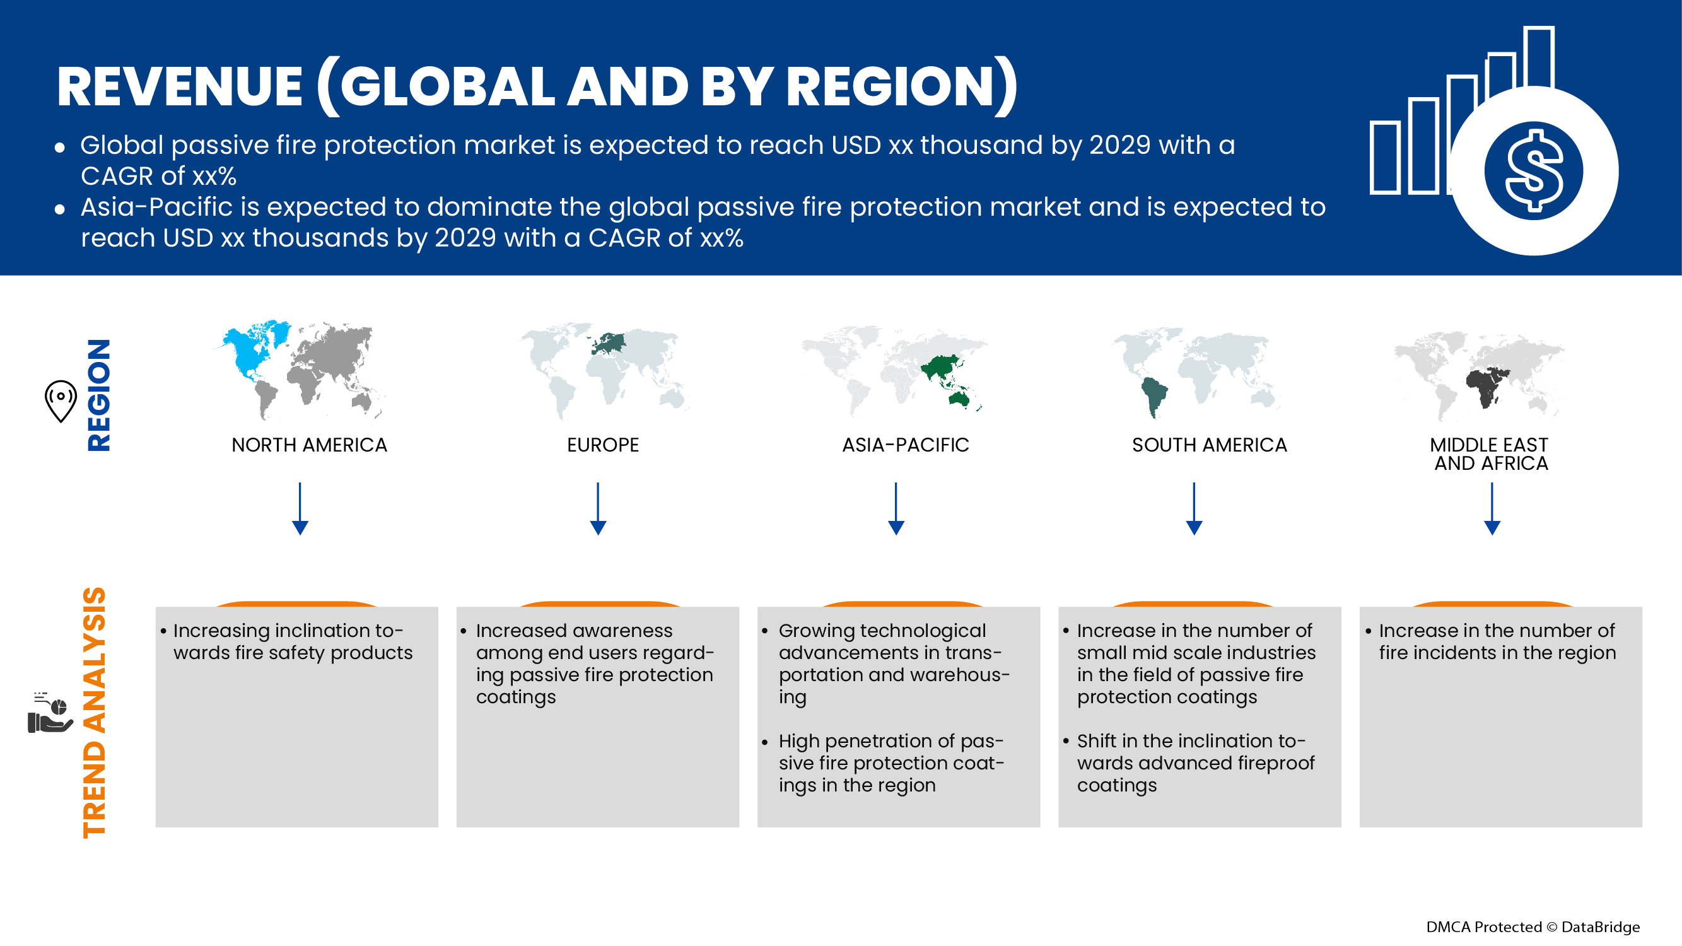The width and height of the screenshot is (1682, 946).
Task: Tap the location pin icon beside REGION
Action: tap(61, 400)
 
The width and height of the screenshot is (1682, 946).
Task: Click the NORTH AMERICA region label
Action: tap(309, 445)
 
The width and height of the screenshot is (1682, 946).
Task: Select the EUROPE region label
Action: tap(603, 445)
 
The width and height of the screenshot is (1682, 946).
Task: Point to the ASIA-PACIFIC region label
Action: tap(905, 445)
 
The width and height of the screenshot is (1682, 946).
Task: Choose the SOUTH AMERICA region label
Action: tap(1209, 445)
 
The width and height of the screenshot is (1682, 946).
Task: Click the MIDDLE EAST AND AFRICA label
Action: tap(1490, 453)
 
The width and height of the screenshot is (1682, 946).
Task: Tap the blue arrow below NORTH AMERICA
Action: tap(300, 509)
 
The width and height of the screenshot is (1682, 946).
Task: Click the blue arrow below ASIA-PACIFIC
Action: tap(896, 509)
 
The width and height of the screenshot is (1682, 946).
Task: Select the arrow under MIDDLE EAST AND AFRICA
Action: tap(1492, 509)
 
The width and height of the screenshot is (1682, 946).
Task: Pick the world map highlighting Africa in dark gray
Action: tap(1479, 375)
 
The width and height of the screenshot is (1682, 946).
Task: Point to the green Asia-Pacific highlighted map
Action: tap(894, 371)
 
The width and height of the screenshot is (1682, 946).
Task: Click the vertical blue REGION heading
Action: tap(98, 395)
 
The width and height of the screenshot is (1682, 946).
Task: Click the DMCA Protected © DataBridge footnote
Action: tap(1532, 927)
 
